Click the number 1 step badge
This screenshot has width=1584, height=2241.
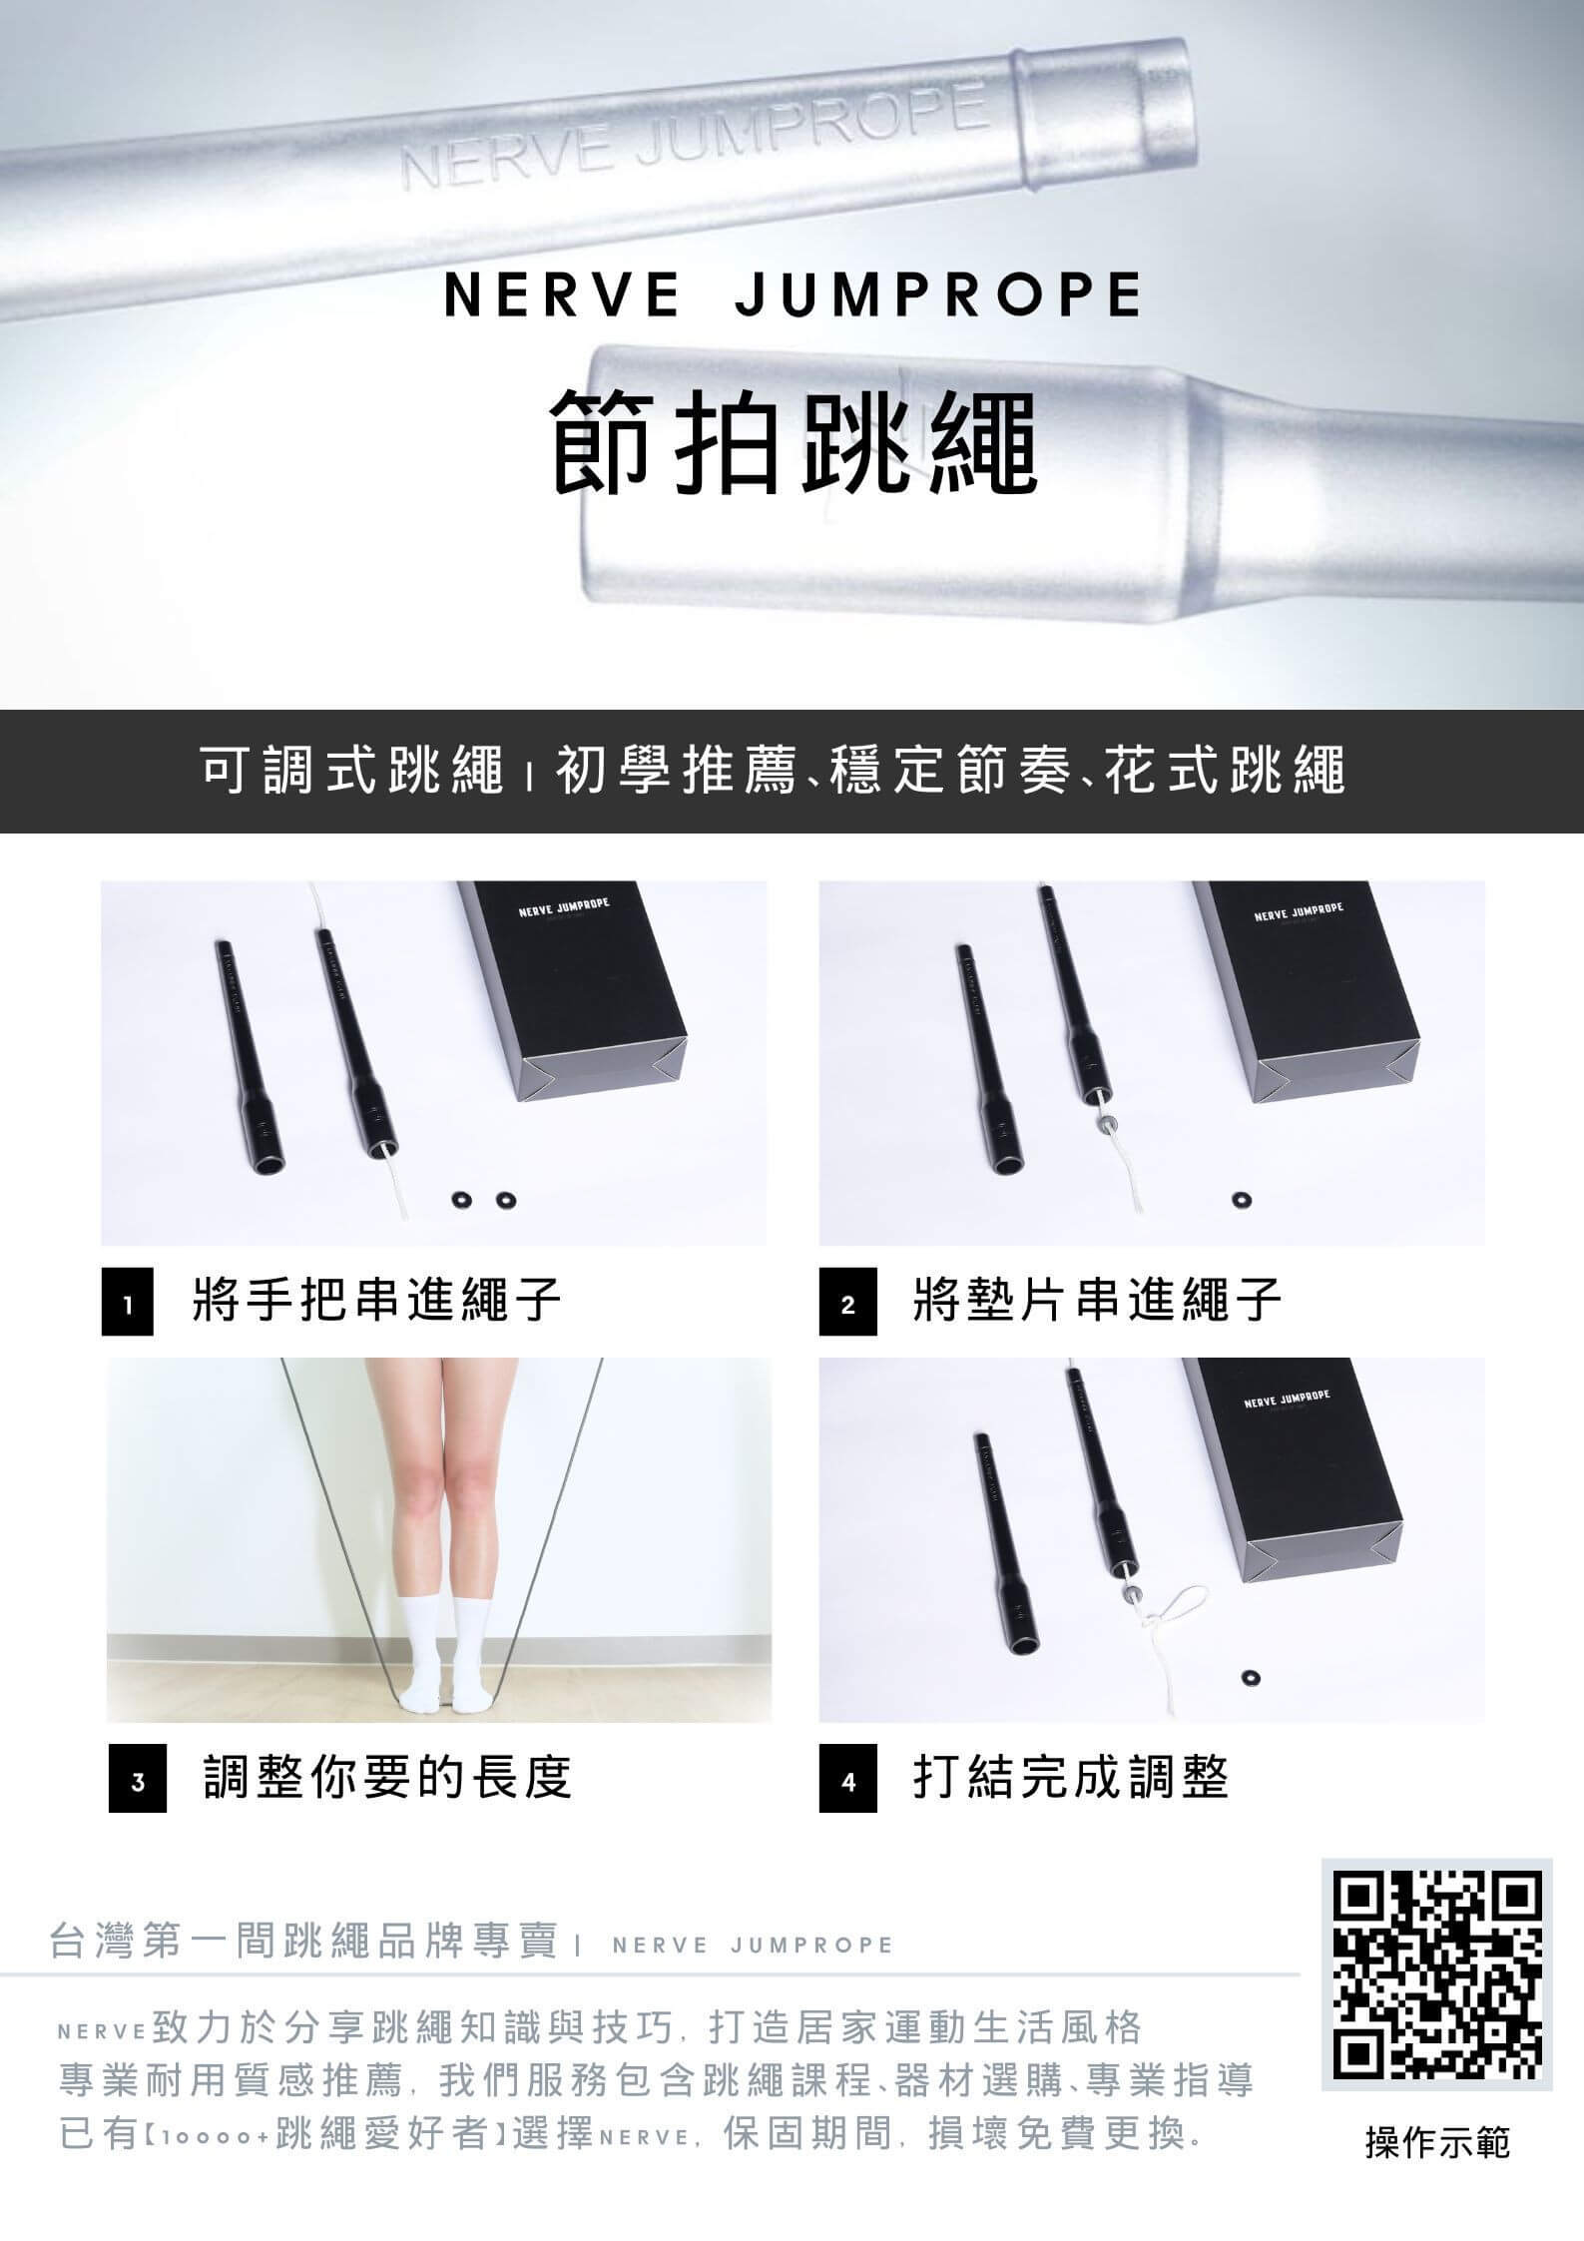pyautogui.click(x=128, y=1306)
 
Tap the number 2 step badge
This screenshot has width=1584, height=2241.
pyautogui.click(x=847, y=1306)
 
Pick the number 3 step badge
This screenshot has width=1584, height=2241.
pyautogui.click(x=138, y=1782)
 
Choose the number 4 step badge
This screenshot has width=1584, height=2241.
pyautogui.click(x=847, y=1782)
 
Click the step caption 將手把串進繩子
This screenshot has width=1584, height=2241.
pyautogui.click(x=377, y=1301)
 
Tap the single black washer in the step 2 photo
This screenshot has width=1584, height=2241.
pyautogui.click(x=1241, y=1198)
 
